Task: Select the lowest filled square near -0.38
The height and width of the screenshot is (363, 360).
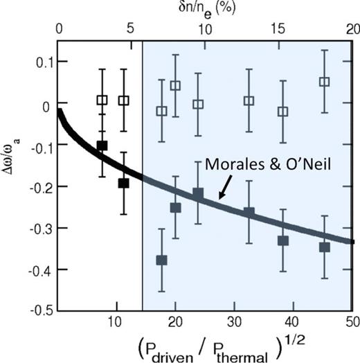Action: click(x=162, y=260)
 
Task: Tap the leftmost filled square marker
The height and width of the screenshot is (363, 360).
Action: click(x=102, y=145)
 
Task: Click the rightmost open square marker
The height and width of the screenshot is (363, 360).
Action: click(x=324, y=82)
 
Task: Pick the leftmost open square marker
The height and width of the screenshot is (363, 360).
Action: click(x=102, y=100)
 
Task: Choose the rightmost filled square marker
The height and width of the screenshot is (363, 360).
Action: click(x=324, y=247)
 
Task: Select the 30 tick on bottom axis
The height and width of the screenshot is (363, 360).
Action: click(x=233, y=322)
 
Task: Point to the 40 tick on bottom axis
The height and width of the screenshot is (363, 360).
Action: click(x=292, y=322)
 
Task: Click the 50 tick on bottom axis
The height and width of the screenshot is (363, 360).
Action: click(x=350, y=322)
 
